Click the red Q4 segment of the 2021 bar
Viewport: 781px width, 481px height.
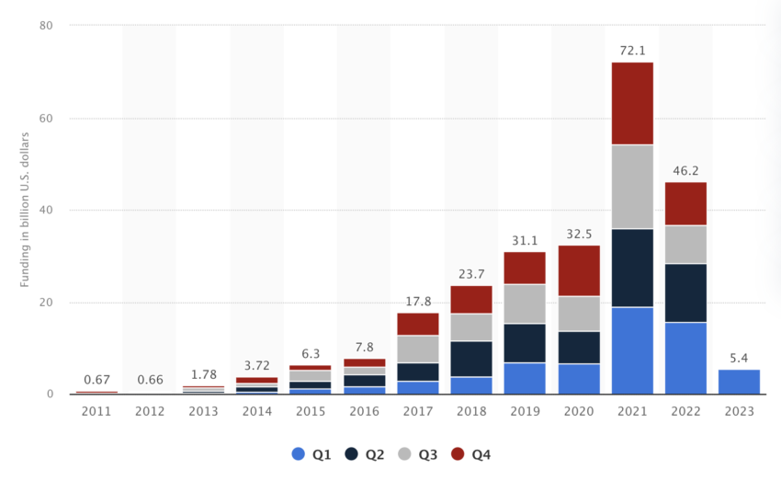pyautogui.click(x=631, y=103)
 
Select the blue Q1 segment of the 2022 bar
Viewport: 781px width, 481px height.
pyautogui.click(x=685, y=358)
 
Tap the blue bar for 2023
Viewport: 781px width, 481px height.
pyautogui.click(x=739, y=382)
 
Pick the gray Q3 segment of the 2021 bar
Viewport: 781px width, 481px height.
pyautogui.click(x=631, y=187)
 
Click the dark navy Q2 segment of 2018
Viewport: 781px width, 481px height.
pyautogui.click(x=471, y=359)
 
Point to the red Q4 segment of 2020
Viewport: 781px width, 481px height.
pyautogui.click(x=578, y=270)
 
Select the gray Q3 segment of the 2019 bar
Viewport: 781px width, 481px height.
pyautogui.click(x=525, y=303)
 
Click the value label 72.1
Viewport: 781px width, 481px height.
pyautogui.click(x=632, y=51)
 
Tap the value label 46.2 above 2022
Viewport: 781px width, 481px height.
pyautogui.click(x=685, y=170)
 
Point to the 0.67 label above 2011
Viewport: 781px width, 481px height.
pyautogui.click(x=96, y=380)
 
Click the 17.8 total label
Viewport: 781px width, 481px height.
pyautogui.click(x=418, y=301)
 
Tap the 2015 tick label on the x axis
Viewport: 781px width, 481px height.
pyautogui.click(x=311, y=412)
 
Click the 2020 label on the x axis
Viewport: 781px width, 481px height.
pyautogui.click(x=578, y=412)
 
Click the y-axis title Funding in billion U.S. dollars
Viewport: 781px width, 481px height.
pyautogui.click(x=25, y=211)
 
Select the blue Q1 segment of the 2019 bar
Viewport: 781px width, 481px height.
pyautogui.click(x=525, y=378)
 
